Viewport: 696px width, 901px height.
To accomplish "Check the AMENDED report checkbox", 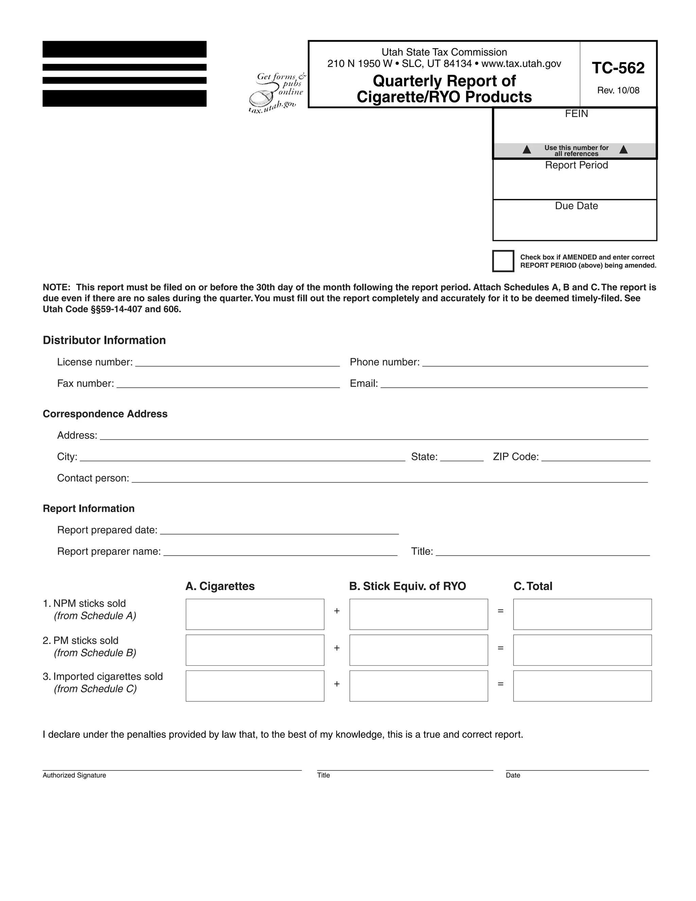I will [503, 261].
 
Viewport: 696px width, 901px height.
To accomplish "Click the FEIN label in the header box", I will [576, 114].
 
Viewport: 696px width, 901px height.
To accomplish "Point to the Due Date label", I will [576, 206].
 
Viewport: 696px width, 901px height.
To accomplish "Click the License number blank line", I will [237, 363].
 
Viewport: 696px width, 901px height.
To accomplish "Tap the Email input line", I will [514, 385].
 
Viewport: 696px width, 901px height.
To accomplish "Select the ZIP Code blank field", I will [595, 458].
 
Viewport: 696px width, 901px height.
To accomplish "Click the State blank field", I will [462, 458].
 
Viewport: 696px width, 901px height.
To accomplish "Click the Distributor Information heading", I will [104, 340].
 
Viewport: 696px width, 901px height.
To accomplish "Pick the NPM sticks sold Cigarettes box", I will [255, 614].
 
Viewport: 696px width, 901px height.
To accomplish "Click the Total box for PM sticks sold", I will [582, 650].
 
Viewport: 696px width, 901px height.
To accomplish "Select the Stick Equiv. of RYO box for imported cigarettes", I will [418, 686].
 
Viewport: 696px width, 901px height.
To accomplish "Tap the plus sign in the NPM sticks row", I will [337, 611].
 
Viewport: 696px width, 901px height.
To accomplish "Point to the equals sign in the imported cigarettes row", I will [501, 684].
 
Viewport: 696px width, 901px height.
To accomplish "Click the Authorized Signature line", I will [172, 766].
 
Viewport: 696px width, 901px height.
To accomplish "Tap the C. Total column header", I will [533, 586].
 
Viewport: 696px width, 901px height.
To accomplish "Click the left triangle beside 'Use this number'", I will [526, 150].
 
